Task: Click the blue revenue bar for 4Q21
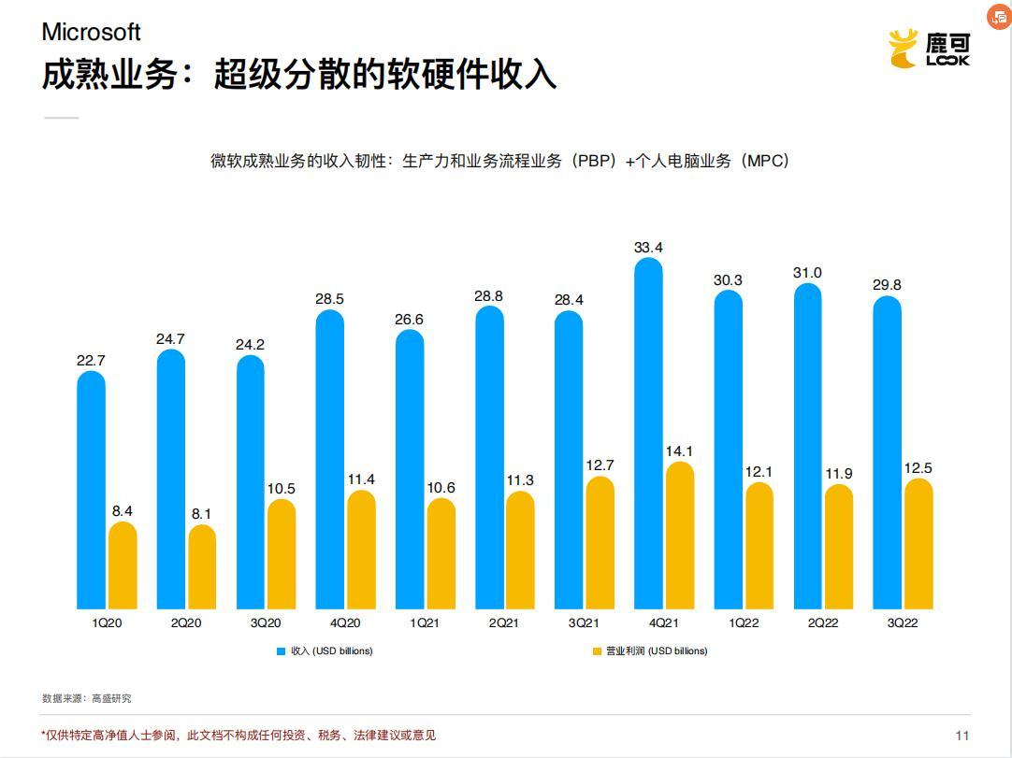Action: (648, 435)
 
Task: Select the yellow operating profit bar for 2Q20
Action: (202, 567)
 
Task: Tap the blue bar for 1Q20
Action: (91, 491)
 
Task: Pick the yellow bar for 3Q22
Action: (919, 544)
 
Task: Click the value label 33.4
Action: (648, 248)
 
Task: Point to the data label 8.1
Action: (202, 514)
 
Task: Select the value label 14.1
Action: (680, 451)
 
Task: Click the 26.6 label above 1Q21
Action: (409, 320)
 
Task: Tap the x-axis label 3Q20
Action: (265, 623)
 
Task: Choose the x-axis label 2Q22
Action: (822, 623)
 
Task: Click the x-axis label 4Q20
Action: (344, 623)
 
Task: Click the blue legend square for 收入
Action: (280, 651)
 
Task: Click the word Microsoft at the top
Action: (91, 32)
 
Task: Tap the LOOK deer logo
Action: (929, 49)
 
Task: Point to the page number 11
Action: (962, 735)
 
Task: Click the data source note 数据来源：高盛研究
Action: (87, 698)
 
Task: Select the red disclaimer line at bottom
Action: (239, 736)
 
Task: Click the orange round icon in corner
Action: (999, 16)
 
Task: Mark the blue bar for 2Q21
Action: (489, 458)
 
